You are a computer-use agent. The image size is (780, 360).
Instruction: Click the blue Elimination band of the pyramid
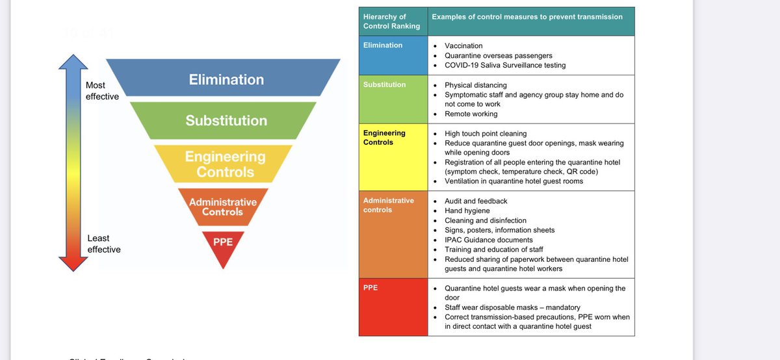point(226,79)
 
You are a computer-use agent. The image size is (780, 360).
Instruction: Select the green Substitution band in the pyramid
point(226,120)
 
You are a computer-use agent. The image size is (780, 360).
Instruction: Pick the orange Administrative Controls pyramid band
point(223,207)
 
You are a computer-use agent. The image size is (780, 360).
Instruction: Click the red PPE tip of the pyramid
point(223,244)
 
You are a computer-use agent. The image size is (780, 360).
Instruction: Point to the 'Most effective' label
point(102,91)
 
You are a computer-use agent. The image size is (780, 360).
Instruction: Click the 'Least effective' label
point(104,244)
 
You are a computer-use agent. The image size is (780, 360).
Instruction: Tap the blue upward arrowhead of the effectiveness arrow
point(73,62)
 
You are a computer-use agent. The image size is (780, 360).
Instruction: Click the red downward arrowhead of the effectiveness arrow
point(73,264)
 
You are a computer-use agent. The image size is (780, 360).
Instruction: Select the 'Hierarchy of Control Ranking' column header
point(392,21)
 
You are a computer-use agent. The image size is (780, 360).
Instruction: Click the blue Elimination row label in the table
point(383,45)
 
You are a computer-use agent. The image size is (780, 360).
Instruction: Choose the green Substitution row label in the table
point(384,85)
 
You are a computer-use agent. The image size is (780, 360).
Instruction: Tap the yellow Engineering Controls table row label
point(384,138)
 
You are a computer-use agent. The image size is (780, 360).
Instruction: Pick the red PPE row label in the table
point(370,287)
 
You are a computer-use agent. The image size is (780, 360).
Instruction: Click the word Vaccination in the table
point(463,46)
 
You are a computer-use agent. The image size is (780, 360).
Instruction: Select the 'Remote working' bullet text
point(471,114)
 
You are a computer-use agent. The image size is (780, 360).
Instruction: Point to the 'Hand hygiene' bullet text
point(467,211)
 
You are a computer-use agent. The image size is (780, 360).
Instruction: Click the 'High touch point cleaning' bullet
point(486,134)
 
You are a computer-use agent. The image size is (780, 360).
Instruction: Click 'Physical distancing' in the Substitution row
point(475,85)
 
